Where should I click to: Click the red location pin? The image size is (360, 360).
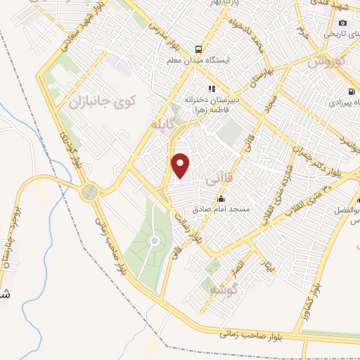[181, 166]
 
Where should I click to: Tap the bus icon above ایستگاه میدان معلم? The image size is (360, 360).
[200, 49]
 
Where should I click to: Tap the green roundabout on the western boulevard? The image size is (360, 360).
[89, 191]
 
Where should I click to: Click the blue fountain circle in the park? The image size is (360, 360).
[154, 241]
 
